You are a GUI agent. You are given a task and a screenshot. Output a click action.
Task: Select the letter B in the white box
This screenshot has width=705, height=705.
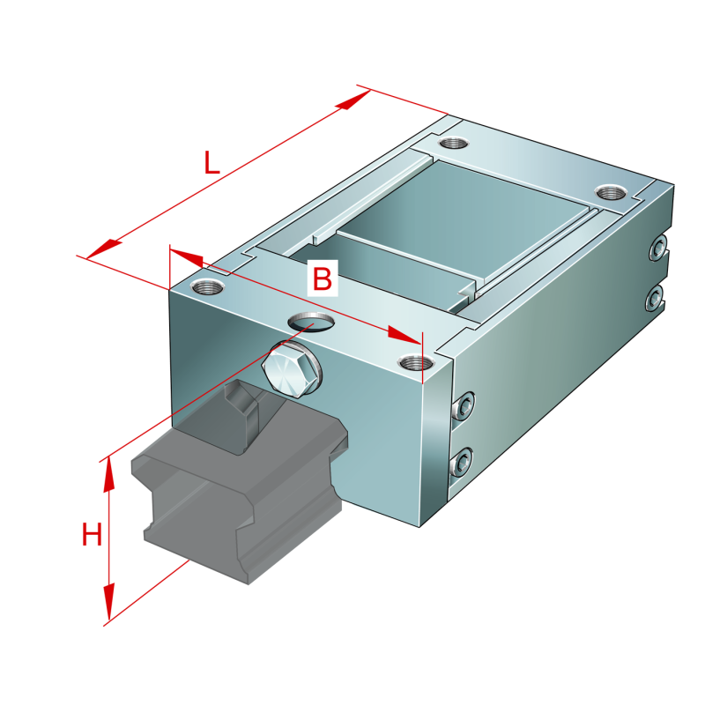pos(323,278)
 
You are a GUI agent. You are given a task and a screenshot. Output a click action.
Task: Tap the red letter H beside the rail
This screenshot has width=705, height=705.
pos(92,534)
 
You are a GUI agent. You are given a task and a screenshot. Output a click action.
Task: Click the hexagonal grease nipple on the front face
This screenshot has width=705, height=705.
pos(293,369)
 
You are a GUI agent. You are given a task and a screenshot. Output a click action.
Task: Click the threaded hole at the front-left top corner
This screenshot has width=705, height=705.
pos(207,286)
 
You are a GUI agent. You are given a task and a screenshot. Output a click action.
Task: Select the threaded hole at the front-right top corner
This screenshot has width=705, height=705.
pos(416,362)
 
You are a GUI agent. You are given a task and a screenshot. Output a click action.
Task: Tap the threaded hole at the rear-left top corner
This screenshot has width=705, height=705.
pos(454,144)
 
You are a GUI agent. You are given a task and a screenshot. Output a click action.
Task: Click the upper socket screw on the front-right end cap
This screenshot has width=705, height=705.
pos(464,406)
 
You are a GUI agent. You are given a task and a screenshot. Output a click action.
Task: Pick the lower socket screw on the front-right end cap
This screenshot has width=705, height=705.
pos(462,462)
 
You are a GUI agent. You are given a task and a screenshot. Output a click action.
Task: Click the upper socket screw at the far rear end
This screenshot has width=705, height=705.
pos(658,248)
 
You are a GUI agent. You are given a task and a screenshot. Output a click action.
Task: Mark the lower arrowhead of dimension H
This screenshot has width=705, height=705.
pos(108,602)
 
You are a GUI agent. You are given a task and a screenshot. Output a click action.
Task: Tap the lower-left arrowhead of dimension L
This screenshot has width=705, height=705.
pos(103,250)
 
